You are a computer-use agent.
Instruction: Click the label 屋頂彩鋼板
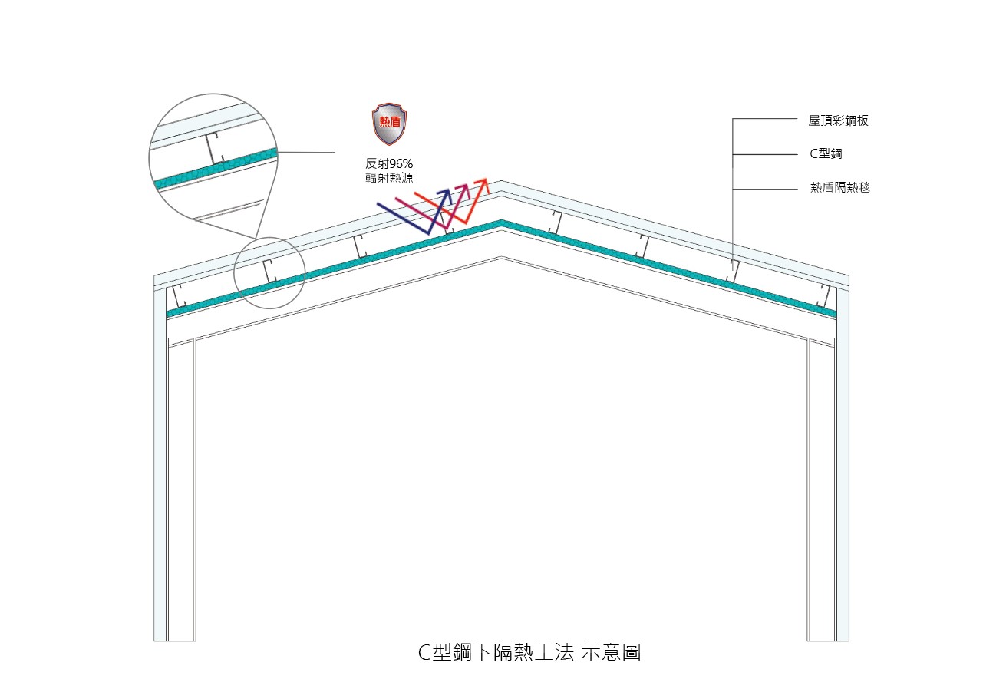tap(838, 120)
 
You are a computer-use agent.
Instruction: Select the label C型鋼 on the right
tap(826, 153)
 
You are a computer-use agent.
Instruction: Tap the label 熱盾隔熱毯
tap(839, 187)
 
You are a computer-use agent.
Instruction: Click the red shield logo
tap(389, 124)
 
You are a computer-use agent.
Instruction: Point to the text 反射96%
tap(389, 163)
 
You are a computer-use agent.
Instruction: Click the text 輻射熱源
tap(389, 178)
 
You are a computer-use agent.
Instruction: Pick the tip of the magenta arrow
tap(467, 185)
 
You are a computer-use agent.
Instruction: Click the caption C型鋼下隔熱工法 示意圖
tap(529, 652)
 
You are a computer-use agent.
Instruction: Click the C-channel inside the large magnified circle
tap(215, 148)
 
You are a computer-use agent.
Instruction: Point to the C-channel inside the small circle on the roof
tap(269, 271)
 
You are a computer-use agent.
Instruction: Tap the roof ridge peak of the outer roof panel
tap(501, 181)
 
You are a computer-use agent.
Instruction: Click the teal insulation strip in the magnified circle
tap(216, 168)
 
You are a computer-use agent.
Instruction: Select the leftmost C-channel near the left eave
tap(180, 295)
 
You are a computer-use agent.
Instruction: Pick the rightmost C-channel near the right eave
tap(823, 295)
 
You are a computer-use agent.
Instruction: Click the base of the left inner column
tap(181, 641)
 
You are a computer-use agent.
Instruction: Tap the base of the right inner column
tap(821, 641)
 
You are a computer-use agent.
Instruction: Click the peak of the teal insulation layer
tap(501, 221)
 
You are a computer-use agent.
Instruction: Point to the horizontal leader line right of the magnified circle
tap(306, 152)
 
